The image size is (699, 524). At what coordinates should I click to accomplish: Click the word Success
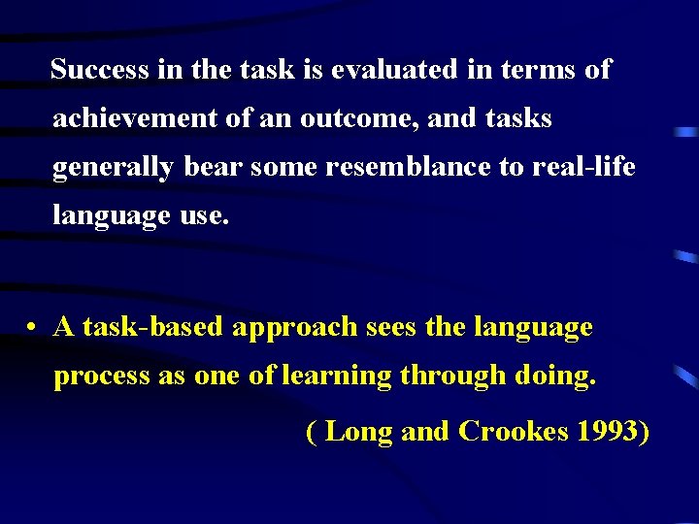(100, 70)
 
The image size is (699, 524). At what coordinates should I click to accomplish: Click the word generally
(113, 168)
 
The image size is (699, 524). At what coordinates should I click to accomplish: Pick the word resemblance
(409, 167)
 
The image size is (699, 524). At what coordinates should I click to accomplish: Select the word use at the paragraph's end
(204, 215)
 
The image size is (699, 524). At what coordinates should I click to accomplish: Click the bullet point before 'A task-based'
(33, 328)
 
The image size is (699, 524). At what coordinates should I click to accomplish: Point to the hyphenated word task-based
(153, 328)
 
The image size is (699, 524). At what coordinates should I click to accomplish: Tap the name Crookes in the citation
(512, 431)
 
